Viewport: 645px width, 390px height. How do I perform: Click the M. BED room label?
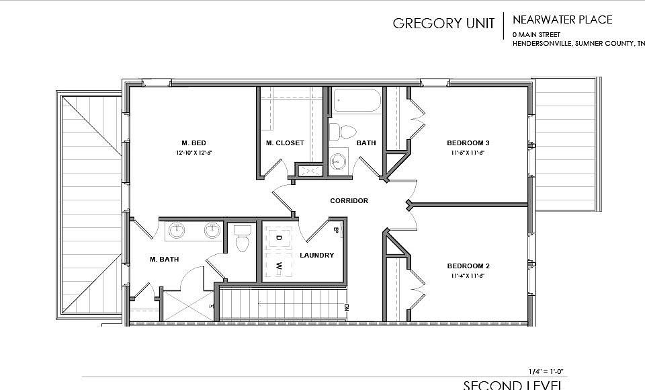[193, 143]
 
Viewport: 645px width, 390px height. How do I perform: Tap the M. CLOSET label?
[285, 143]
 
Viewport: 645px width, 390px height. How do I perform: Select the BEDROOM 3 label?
[468, 143]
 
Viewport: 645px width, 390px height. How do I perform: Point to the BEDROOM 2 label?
[468, 266]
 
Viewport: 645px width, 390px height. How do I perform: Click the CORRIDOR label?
[349, 201]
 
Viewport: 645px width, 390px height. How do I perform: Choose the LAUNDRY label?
[316, 255]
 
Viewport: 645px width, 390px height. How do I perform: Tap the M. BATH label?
[163, 259]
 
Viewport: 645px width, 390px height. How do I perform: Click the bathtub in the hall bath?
[356, 102]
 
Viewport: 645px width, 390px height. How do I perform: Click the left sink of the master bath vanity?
[177, 231]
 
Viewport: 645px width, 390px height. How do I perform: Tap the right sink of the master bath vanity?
[213, 231]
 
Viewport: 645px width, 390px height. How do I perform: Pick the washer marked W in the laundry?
[278, 266]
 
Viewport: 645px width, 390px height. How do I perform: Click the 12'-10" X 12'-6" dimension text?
[193, 153]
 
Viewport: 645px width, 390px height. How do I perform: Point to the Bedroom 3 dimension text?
[468, 153]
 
